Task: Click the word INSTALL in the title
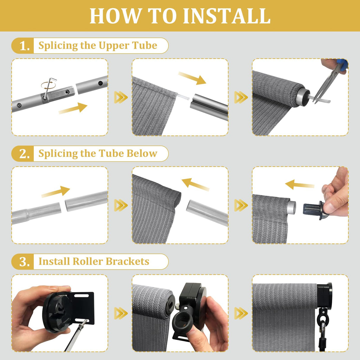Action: (227, 16)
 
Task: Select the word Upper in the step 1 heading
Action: (114, 46)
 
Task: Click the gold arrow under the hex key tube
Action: (73, 108)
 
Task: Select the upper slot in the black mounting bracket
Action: (82, 296)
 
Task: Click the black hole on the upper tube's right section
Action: (101, 83)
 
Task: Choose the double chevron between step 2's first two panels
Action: (121, 206)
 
